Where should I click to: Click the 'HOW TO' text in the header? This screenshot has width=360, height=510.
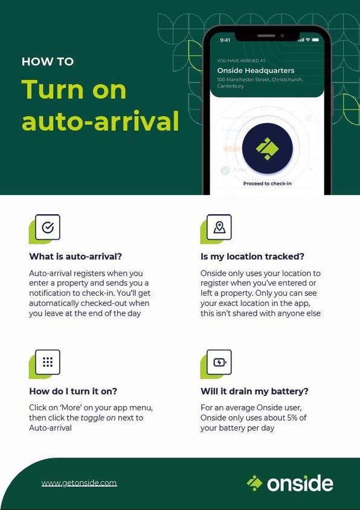pos(48,62)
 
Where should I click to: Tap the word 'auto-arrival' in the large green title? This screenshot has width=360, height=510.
pos(100,120)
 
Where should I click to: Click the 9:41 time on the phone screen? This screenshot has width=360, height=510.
pos(225,40)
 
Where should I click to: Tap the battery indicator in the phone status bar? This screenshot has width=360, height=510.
pos(315,40)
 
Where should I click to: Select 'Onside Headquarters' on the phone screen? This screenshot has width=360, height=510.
pos(256,71)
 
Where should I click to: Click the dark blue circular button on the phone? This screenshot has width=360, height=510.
pos(267,148)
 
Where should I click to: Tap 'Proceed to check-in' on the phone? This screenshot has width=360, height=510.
pos(267,183)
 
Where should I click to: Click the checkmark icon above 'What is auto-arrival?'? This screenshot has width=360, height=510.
pos(48,228)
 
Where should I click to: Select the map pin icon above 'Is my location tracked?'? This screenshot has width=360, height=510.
pos(219,228)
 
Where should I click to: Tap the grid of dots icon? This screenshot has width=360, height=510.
pos(48,362)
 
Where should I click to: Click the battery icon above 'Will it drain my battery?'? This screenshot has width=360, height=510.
pos(219,362)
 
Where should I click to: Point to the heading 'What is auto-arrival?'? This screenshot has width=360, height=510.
pos(76,257)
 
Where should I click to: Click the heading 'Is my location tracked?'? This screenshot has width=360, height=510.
pos(252,257)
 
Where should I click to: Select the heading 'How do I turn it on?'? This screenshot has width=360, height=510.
pos(73,391)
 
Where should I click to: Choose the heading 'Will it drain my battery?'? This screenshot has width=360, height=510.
pos(254,391)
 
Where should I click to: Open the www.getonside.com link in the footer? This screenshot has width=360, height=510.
pos(79,483)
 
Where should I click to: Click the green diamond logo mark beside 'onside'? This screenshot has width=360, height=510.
pos(254,483)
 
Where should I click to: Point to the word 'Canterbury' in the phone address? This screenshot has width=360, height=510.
pos(231,86)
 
